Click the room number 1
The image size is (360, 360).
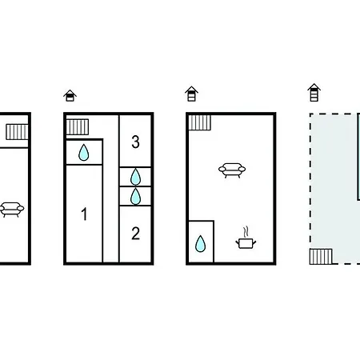pyautogui.click(x=84, y=214)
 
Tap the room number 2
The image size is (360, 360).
pyautogui.click(x=135, y=234)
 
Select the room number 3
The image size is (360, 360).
pyautogui.click(x=135, y=142)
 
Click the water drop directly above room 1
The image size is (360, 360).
pyautogui.click(x=84, y=153)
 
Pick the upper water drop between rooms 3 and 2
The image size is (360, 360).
pyautogui.click(x=135, y=177)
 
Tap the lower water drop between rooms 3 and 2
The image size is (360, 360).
pyautogui.click(x=135, y=196)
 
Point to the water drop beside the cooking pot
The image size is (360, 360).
pyautogui.click(x=200, y=244)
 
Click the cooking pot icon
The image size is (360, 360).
pyautogui.click(x=246, y=243)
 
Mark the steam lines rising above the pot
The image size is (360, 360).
pyautogui.click(x=246, y=231)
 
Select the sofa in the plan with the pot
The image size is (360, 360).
pyautogui.click(x=232, y=170)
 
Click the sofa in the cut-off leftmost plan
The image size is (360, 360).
pyautogui.click(x=11, y=210)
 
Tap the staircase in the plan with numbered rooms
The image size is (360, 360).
pyautogui.click(x=78, y=127)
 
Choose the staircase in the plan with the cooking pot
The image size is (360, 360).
pyautogui.click(x=200, y=122)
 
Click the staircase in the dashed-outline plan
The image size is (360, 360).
pyautogui.click(x=321, y=257)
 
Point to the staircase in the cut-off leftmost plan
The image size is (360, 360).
pyautogui.click(x=17, y=132)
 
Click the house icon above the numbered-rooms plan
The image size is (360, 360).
pyautogui.click(x=70, y=95)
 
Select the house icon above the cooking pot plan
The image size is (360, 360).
pyautogui.click(x=191, y=94)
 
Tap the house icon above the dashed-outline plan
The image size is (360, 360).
pyautogui.click(x=314, y=92)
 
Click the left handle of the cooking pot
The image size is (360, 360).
pyautogui.click(x=237, y=242)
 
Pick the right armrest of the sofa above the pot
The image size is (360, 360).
pyautogui.click(x=242, y=169)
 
